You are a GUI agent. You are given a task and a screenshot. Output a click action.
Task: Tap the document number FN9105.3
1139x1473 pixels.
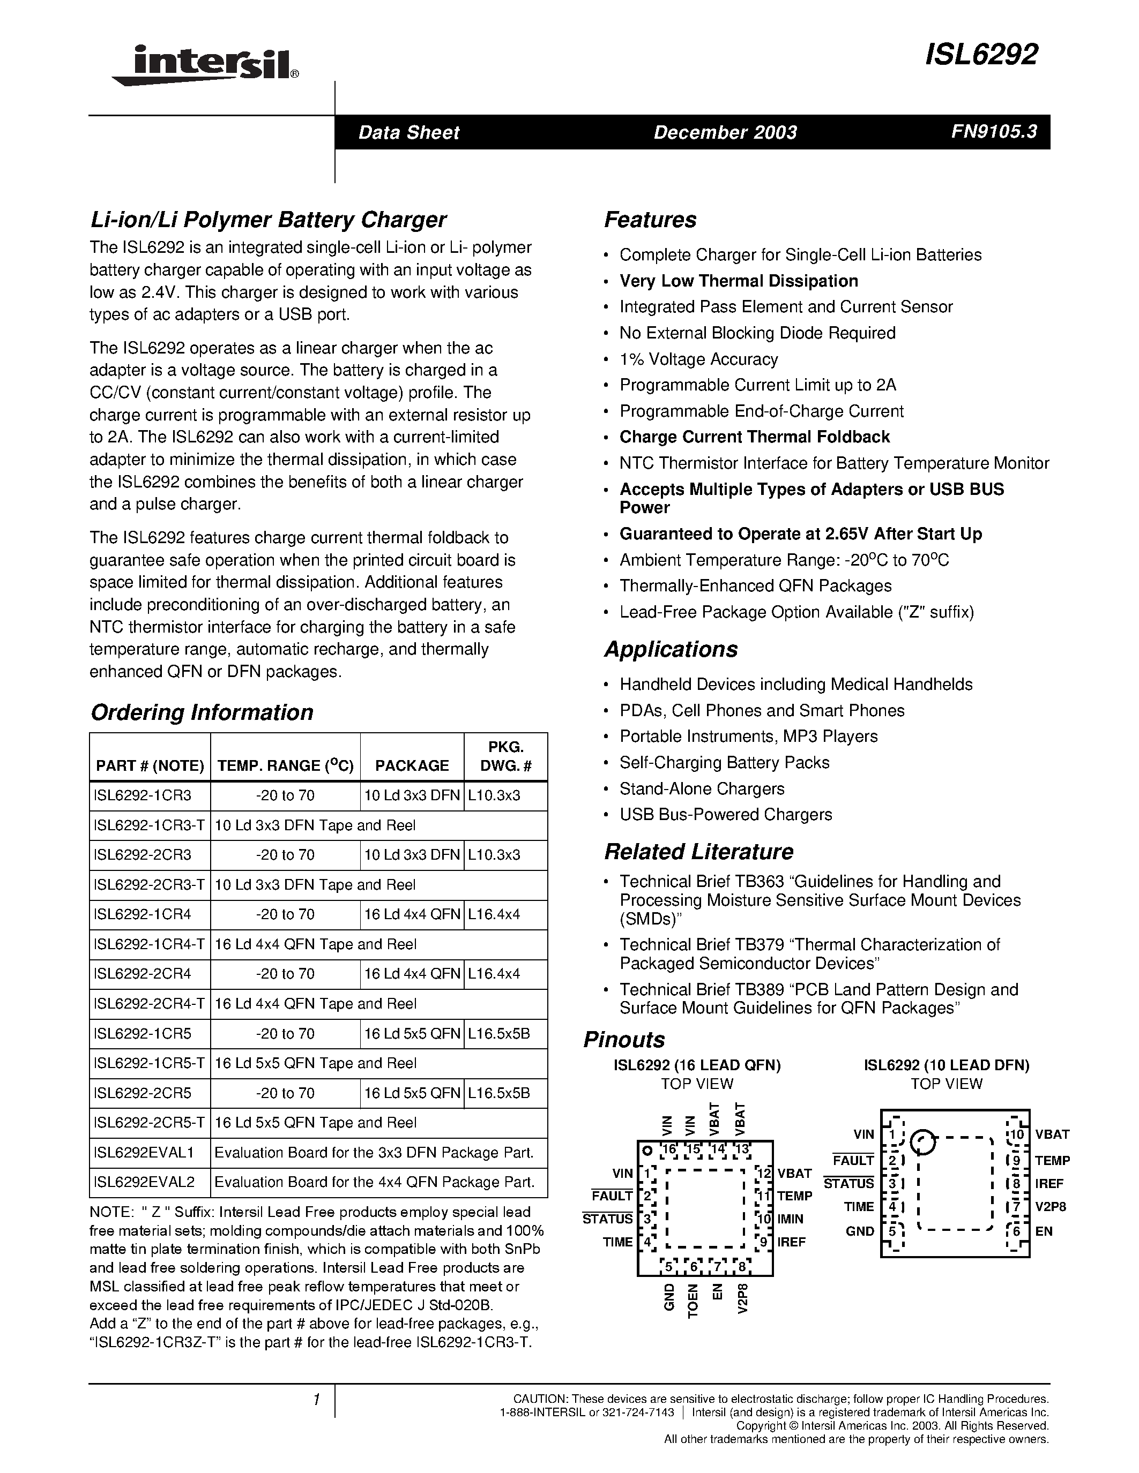pyautogui.click(x=994, y=132)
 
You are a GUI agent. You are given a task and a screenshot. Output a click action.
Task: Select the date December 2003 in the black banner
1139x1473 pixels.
pyautogui.click(x=725, y=132)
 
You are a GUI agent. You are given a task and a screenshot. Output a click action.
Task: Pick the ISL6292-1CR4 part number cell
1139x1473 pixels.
pyautogui.click(x=143, y=914)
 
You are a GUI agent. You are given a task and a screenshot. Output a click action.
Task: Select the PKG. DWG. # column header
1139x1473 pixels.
pyautogui.click(x=505, y=756)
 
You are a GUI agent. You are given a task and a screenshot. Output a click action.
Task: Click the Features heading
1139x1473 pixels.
pyautogui.click(x=650, y=220)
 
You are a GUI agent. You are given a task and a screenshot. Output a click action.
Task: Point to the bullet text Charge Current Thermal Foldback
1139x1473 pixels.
pyautogui.click(x=754, y=437)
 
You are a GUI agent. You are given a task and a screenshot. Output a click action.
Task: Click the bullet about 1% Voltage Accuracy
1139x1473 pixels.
pyautogui.click(x=698, y=359)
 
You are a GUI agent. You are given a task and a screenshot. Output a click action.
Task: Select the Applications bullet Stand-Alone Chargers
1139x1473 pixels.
pyautogui.click(x=702, y=788)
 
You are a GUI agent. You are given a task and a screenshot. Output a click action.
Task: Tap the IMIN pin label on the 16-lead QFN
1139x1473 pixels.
pyautogui.click(x=790, y=1219)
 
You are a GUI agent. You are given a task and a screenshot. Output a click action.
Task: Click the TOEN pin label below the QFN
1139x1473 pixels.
pyautogui.click(x=693, y=1301)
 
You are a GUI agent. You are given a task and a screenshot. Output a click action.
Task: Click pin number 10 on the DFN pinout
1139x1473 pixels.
pyautogui.click(x=1016, y=1134)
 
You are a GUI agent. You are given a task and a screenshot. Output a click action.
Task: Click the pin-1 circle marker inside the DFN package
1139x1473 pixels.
pyautogui.click(x=922, y=1142)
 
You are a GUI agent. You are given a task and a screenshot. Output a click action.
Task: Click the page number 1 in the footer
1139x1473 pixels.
pyautogui.click(x=315, y=1400)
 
